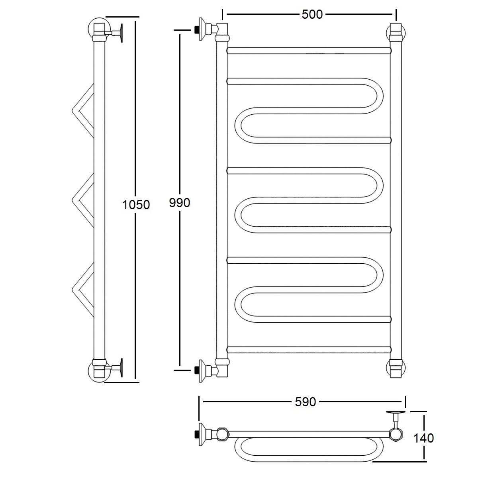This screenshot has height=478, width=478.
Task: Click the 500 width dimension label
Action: [312, 14]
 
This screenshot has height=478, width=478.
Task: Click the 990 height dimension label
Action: [180, 203]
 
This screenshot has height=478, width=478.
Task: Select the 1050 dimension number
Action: [136, 205]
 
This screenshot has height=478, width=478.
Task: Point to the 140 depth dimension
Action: [423, 438]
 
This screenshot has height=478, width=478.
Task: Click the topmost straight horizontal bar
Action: [309, 51]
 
